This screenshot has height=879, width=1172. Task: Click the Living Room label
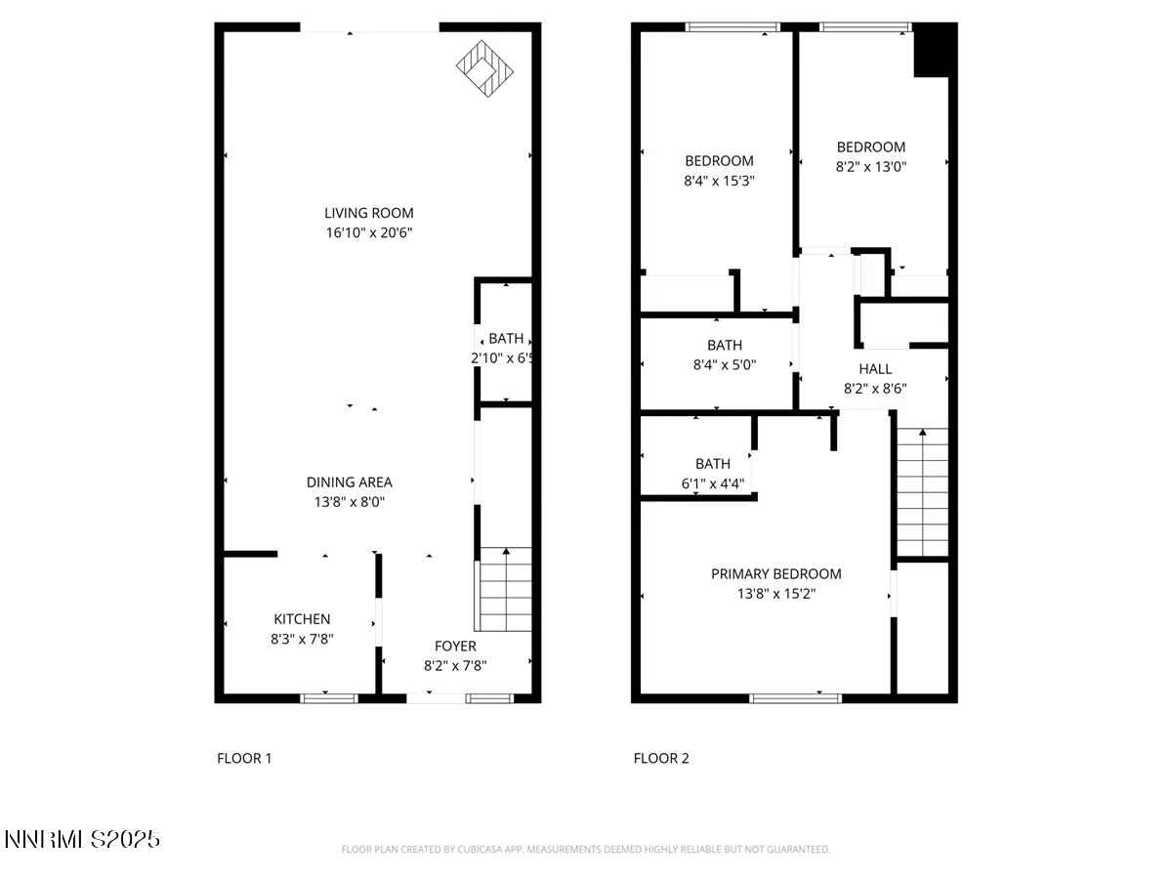[x=368, y=213]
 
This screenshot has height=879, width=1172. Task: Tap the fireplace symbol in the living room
[x=484, y=66]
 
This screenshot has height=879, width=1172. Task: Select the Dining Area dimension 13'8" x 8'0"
[x=349, y=502]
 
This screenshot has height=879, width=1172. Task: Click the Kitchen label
[x=302, y=619]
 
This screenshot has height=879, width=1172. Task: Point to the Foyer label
[x=455, y=647]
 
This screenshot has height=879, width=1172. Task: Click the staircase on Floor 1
[x=505, y=589]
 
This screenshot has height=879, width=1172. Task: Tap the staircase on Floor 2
[x=922, y=492]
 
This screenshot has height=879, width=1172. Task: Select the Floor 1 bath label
[x=506, y=339]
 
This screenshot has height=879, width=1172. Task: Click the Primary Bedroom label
[x=775, y=574]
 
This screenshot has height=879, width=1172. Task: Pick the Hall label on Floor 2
[x=875, y=369]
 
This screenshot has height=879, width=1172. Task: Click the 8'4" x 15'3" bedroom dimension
[x=719, y=181]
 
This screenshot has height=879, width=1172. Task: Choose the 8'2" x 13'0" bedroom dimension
[x=870, y=166]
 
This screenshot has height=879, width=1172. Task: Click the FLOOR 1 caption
[x=244, y=758]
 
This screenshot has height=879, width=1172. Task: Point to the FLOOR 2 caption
[x=661, y=758]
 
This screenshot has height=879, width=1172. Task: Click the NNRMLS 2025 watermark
[x=82, y=839]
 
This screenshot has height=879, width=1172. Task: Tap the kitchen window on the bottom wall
[x=328, y=697]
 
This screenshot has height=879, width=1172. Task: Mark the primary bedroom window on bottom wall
[x=795, y=697]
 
